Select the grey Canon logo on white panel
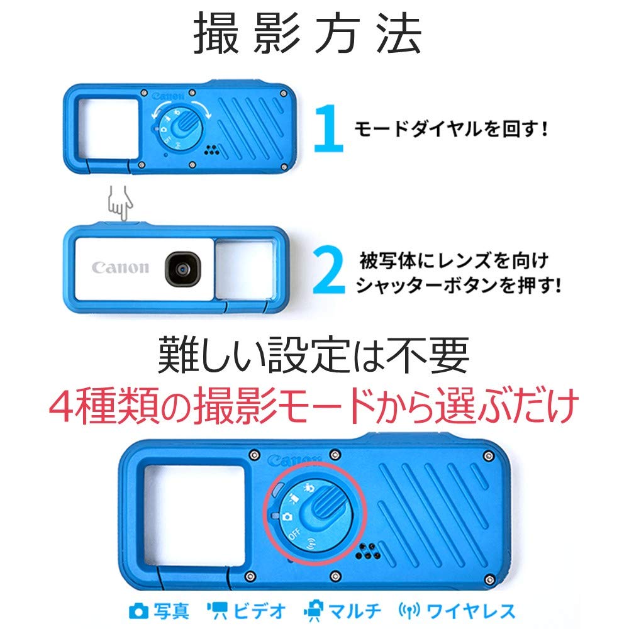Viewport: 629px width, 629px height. click(121, 267)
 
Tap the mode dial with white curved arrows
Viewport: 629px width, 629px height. click(179, 126)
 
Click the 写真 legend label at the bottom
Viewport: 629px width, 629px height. click(160, 610)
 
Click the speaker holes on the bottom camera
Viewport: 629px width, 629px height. click(367, 552)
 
